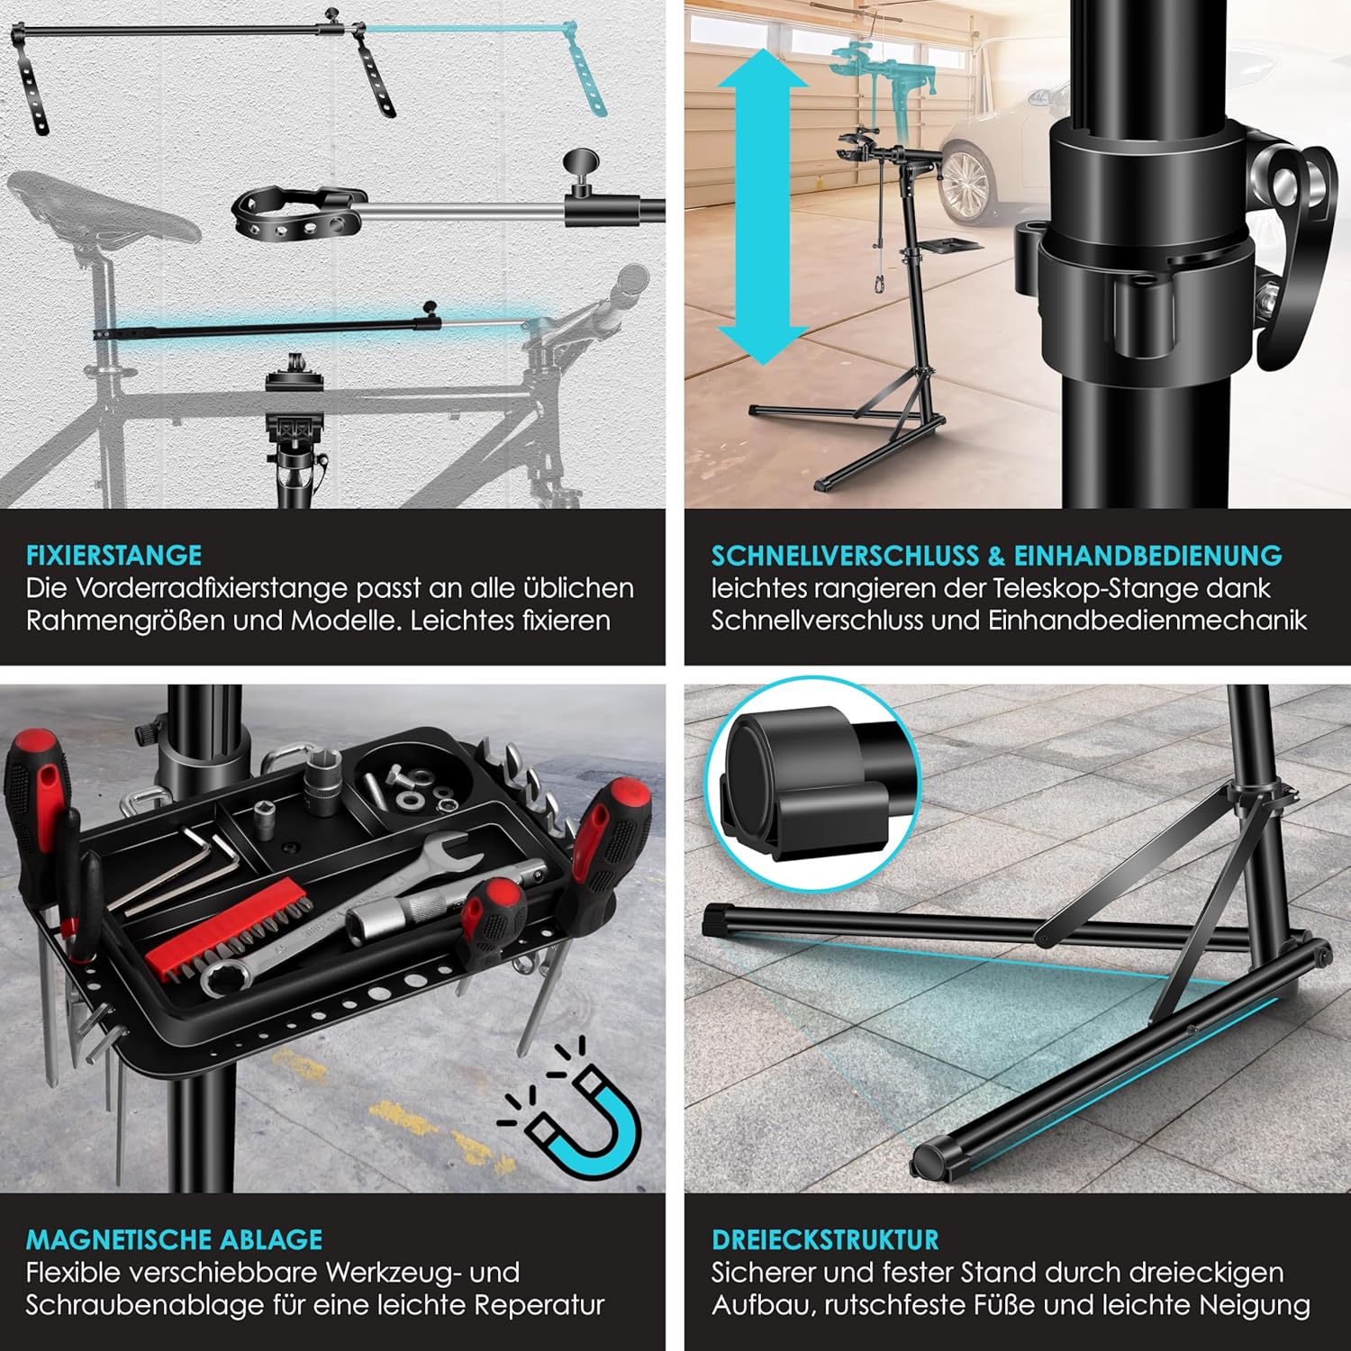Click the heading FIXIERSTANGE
[x=113, y=555]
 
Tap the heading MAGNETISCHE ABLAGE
[x=174, y=1239]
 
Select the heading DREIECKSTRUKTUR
[x=825, y=1239]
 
